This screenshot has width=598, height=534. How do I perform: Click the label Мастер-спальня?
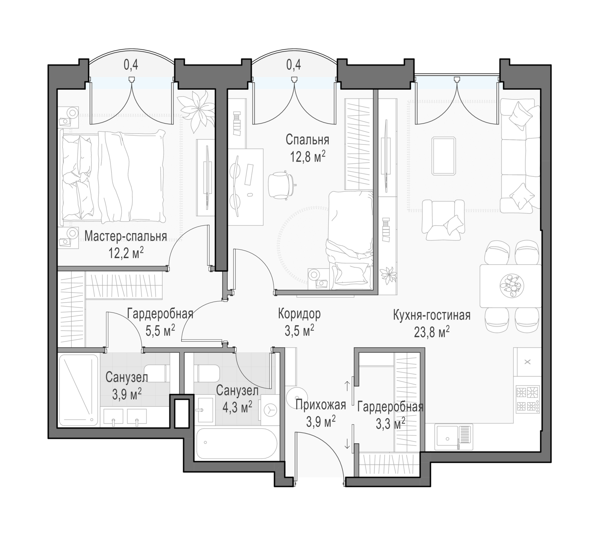pos(126,236)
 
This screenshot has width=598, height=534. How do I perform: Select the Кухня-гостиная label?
pos(431,316)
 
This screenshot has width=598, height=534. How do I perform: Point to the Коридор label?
pos(299,314)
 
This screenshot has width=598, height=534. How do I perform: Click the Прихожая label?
pos(321,405)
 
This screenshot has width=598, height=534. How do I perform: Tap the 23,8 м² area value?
pos(431,332)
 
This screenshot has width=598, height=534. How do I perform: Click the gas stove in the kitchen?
pos(527,400)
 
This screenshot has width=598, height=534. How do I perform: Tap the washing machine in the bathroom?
pos(268,410)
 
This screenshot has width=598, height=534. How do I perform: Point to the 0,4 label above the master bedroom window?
pos(131,65)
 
